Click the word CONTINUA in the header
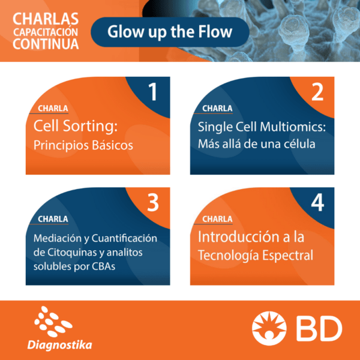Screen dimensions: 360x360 (46, 44)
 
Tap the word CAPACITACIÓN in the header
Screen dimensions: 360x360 (46, 32)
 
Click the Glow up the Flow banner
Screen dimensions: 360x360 (170, 32)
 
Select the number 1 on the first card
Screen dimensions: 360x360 (152, 91)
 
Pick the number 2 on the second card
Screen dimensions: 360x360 (317, 91)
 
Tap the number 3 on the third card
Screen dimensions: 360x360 (153, 202)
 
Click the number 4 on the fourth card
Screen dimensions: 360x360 (317, 202)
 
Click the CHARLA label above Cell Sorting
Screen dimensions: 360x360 (53, 109)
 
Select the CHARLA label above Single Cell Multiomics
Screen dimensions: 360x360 (217, 109)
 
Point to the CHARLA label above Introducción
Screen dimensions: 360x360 (217, 219)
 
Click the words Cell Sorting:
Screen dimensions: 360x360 (76, 126)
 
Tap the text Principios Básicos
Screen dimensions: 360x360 (83, 145)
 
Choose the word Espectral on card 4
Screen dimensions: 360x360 (287, 256)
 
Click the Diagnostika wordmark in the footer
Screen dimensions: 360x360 (59, 346)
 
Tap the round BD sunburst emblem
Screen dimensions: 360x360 (269, 328)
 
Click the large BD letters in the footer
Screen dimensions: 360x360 (319, 328)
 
